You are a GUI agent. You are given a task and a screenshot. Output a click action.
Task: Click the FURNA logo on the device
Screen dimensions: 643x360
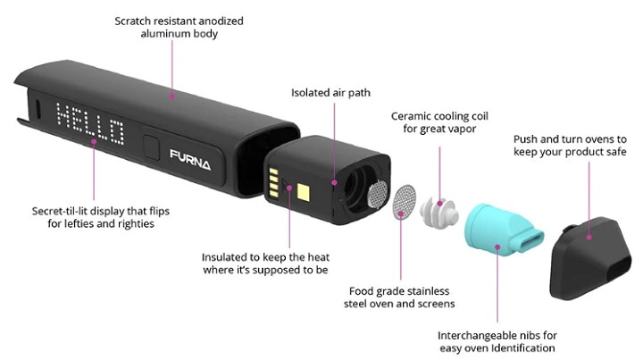(x=190, y=159)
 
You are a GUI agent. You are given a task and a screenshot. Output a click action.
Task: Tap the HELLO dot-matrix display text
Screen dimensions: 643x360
(x=90, y=124)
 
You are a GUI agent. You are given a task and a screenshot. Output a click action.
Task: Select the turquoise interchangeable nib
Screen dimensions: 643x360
(x=503, y=229)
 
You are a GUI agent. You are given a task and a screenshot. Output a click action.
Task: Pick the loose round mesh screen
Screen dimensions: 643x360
(x=405, y=202)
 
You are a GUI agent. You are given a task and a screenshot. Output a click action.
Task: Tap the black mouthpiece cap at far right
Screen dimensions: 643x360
(x=590, y=258)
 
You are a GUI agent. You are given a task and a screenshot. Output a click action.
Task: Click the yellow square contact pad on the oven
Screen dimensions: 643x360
(x=303, y=192)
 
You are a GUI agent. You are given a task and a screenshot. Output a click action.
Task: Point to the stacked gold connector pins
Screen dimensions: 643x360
(x=273, y=182)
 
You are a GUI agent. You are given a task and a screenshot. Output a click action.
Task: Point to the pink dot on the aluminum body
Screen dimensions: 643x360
(x=172, y=96)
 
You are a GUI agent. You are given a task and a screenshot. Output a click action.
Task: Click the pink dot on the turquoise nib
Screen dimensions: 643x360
(x=497, y=247)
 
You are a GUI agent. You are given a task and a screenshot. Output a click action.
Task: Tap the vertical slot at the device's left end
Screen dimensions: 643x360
(x=37, y=109)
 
